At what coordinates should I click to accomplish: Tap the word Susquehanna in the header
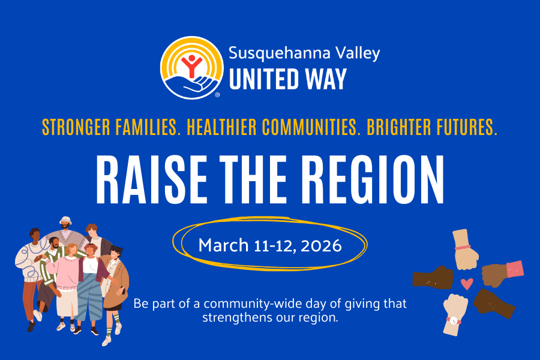pos(273,53)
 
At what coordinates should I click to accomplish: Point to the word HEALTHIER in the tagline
pos(224,127)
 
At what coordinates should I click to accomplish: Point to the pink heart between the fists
pos(467,283)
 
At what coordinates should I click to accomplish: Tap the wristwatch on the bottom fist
pos(455,321)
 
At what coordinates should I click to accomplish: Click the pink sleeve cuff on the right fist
pos(514,269)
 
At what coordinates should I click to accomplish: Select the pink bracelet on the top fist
pos(463,247)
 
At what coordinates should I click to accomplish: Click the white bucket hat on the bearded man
pos(67,220)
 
